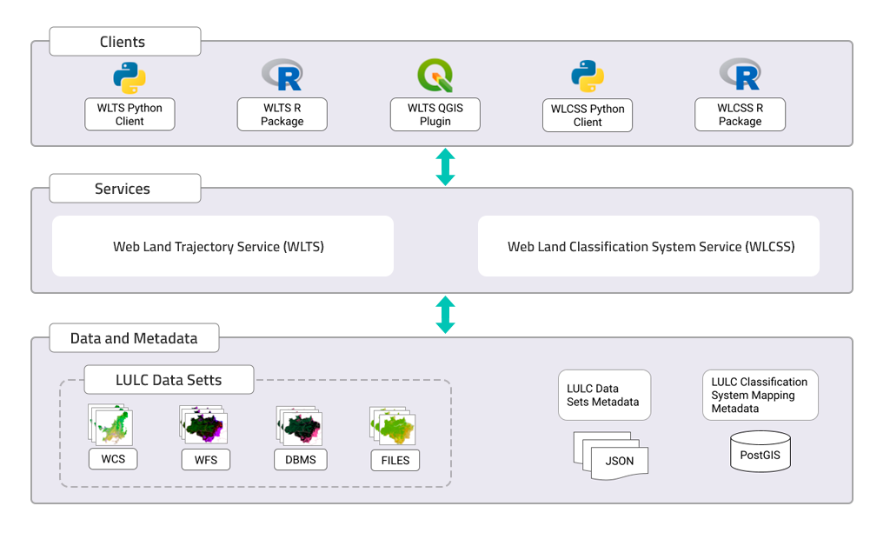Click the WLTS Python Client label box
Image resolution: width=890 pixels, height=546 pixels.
tap(130, 115)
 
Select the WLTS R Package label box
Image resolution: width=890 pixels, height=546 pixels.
tap(282, 115)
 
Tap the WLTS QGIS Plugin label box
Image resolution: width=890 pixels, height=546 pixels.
tap(435, 115)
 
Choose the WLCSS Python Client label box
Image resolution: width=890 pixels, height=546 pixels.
tap(588, 116)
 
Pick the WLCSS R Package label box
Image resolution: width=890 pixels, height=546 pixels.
tap(740, 115)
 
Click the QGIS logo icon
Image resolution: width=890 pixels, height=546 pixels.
tap(435, 77)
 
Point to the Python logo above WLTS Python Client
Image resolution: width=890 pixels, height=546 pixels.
tap(130, 77)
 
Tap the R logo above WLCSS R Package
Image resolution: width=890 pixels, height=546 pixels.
tap(741, 75)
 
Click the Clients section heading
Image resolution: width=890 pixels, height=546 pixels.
tap(124, 42)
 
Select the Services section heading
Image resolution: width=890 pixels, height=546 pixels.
tap(124, 189)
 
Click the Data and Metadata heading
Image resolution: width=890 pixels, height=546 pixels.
tap(134, 338)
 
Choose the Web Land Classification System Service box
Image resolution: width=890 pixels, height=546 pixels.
tap(648, 246)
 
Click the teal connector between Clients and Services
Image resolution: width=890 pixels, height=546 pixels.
tap(444, 167)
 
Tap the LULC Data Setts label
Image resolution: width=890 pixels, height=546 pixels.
tap(169, 380)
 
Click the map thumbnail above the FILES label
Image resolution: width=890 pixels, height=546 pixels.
tap(393, 426)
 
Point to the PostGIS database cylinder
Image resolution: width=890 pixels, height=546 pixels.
tap(760, 451)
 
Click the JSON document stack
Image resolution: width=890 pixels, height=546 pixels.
tap(611, 454)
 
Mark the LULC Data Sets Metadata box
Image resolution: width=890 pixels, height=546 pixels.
tap(604, 396)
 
